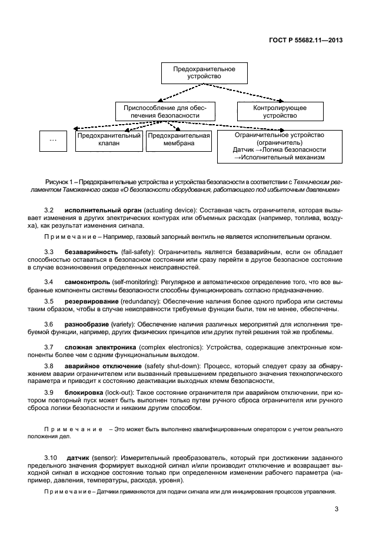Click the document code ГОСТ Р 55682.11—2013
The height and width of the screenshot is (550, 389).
point(305,41)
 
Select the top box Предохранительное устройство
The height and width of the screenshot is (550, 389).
point(204,73)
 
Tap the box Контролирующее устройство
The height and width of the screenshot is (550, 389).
point(280,112)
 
